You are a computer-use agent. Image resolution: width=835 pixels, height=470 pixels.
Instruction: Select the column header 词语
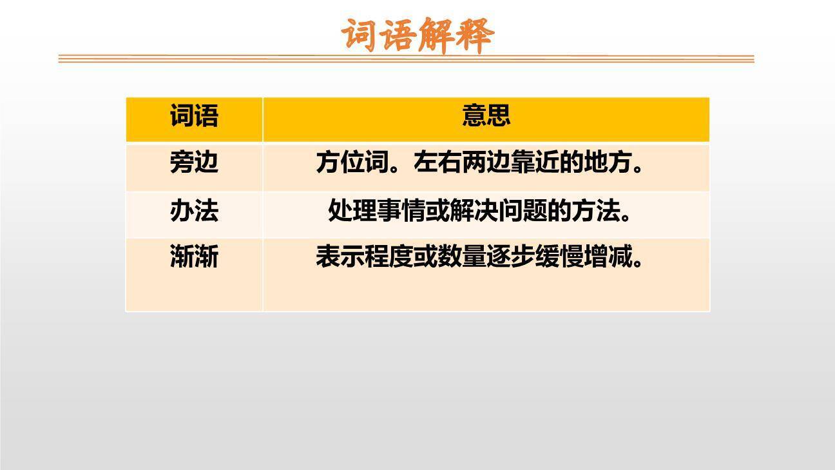pos(194,116)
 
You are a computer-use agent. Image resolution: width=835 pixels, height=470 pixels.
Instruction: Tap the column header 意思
pos(486,116)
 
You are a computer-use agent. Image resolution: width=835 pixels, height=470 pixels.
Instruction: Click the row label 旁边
pos(194,162)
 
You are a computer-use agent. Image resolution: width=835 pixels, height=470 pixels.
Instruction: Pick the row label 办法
pos(194,211)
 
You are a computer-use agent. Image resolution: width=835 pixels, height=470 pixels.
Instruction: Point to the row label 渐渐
pos(194,257)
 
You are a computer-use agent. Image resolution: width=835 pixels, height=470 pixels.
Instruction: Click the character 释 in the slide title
pos(475,35)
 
